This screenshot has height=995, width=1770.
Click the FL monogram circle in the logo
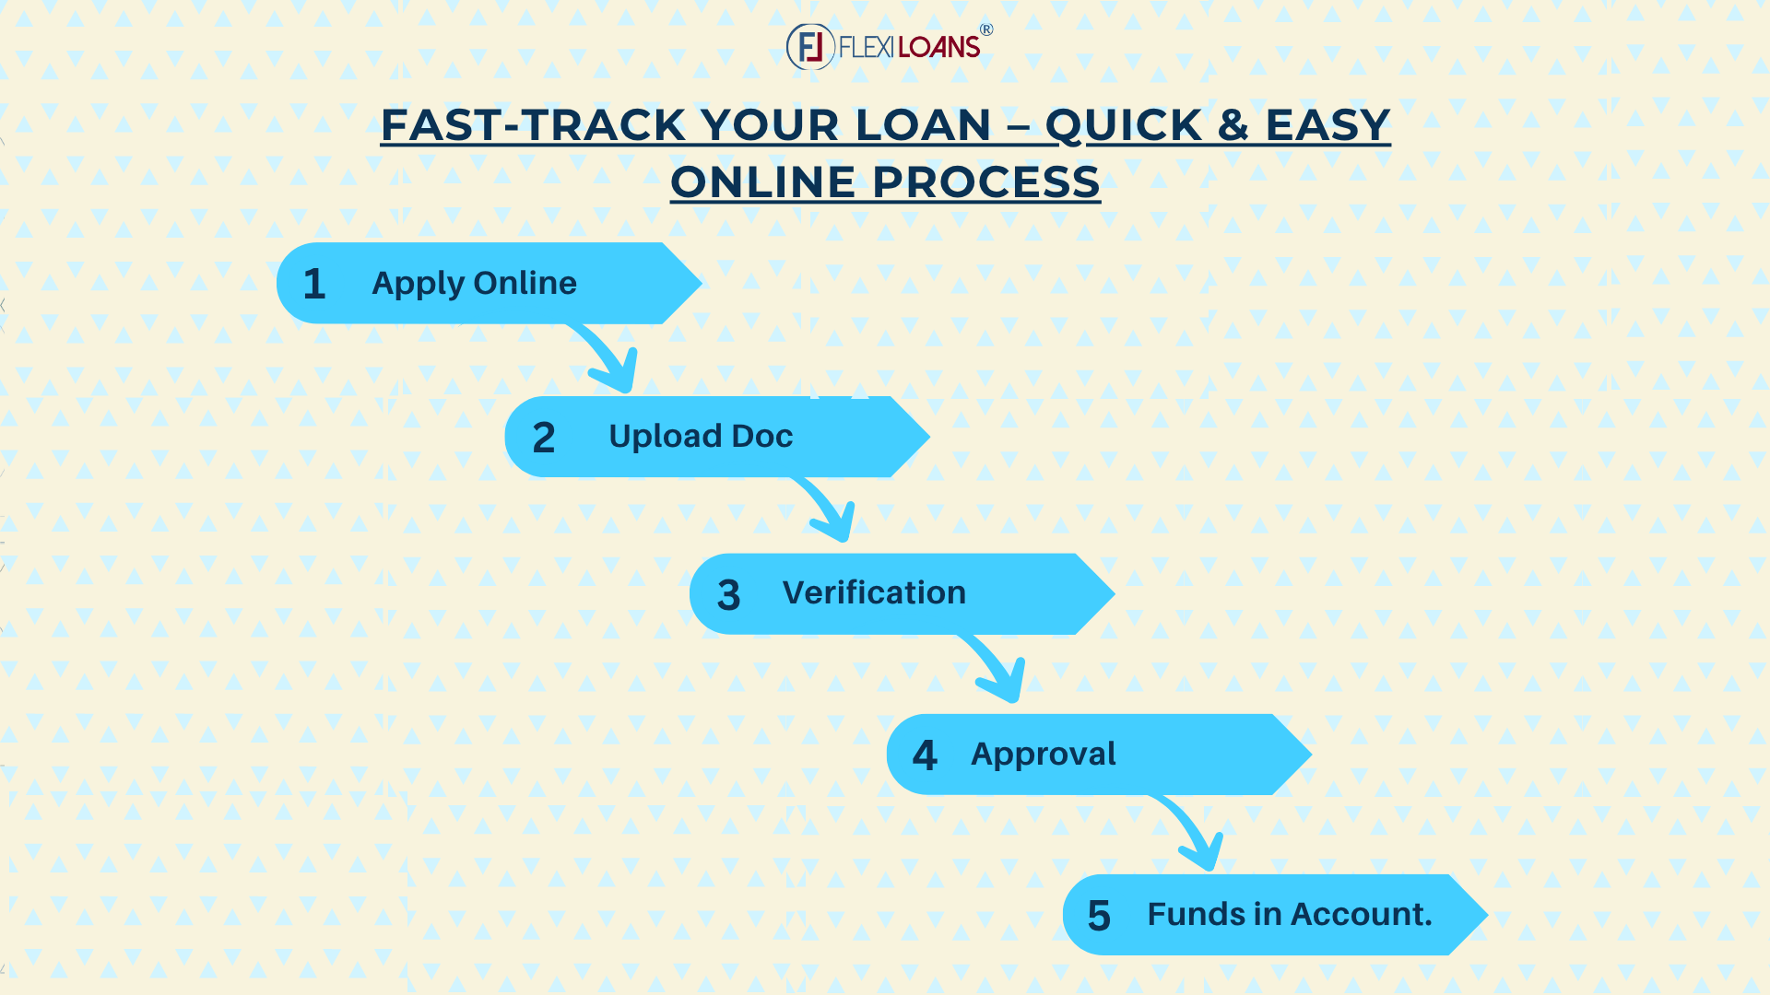[810, 47]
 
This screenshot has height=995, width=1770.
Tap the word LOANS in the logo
[938, 48]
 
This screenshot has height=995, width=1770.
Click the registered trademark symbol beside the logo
[986, 29]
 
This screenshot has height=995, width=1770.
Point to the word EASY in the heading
[1327, 125]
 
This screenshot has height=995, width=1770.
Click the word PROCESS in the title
[986, 182]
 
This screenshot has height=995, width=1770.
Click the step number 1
[314, 284]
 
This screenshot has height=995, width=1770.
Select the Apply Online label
[474, 283]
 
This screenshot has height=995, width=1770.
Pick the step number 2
[544, 438]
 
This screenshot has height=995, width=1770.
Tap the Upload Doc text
[701, 436]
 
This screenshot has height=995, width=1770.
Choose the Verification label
[874, 592]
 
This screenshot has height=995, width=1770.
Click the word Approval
[1043, 755]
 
